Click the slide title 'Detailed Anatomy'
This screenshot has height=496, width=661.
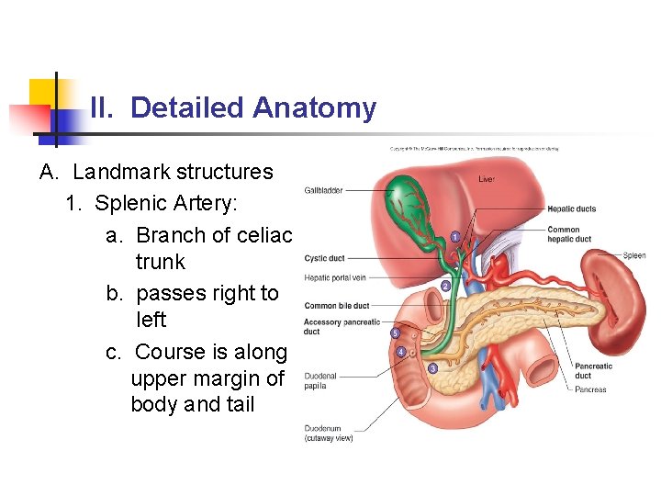coord(252,108)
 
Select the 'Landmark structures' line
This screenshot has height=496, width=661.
coord(173,172)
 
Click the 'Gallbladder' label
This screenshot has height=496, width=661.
coord(323,191)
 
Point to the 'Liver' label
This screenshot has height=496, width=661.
coord(486,179)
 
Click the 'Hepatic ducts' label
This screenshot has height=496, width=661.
coord(571,209)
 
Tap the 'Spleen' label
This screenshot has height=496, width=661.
coord(634,255)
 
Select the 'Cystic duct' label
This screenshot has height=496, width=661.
coord(324,258)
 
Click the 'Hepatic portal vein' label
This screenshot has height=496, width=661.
coord(334,277)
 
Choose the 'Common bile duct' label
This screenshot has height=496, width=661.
coord(336,305)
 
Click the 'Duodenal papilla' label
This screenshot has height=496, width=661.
coord(320,380)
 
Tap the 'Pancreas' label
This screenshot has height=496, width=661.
coord(590,389)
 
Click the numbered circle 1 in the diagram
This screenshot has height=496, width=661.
coord(455,237)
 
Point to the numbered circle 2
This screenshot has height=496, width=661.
coord(445,286)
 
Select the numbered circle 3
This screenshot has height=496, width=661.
coord(432,368)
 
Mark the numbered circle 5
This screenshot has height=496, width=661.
coord(395,333)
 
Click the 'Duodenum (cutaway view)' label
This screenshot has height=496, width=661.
coord(328,433)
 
